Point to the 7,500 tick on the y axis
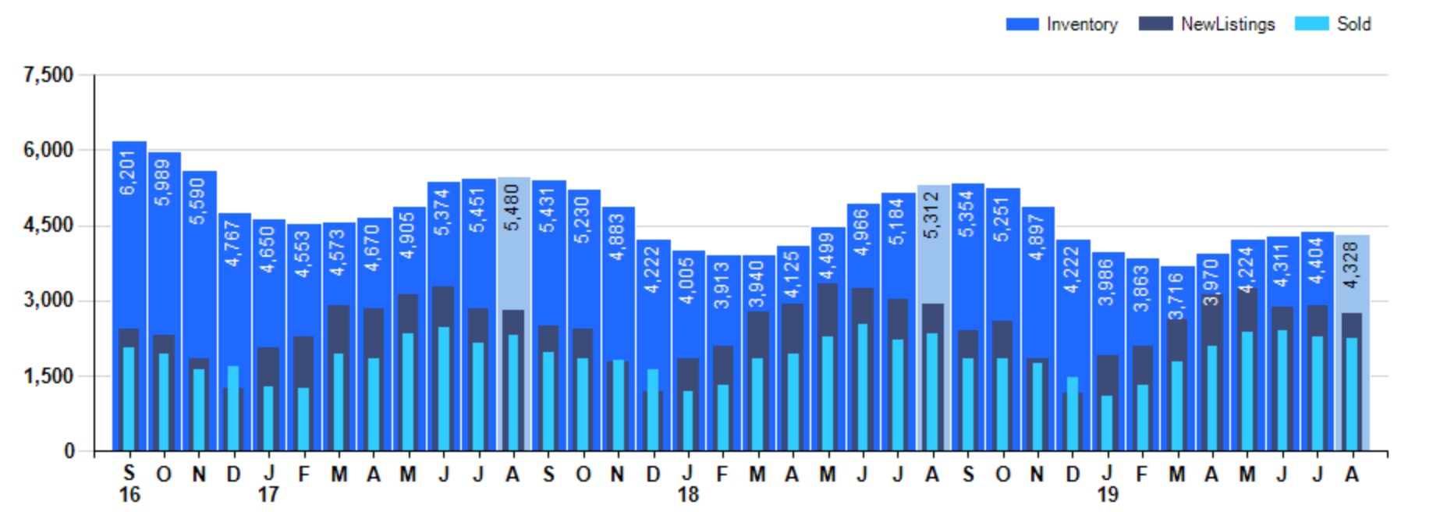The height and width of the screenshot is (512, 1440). [48, 75]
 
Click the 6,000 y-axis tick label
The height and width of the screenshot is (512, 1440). [48, 150]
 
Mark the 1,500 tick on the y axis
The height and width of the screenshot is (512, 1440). [48, 376]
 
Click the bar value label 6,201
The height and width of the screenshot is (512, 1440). [129, 172]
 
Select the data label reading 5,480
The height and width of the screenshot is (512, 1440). [513, 207]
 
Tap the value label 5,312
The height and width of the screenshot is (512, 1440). [932, 215]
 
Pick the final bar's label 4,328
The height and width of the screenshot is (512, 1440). [1352, 265]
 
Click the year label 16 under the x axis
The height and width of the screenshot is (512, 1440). [129, 495]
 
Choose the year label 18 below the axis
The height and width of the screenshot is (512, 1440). [688, 495]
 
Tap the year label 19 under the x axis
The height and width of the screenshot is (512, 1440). [1108, 495]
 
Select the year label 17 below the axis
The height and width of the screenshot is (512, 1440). [268, 495]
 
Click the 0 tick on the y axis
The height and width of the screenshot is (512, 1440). [69, 451]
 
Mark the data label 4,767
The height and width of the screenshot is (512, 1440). [233, 243]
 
